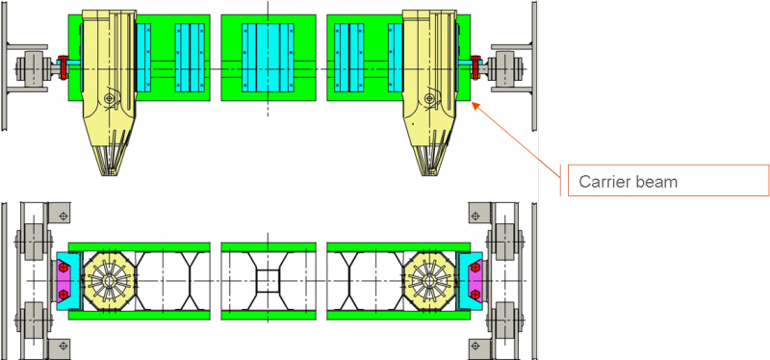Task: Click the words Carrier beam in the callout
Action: (x=629, y=182)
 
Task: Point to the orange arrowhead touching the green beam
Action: (x=475, y=104)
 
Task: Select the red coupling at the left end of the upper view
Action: (x=63, y=67)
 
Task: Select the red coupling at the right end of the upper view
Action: (x=475, y=67)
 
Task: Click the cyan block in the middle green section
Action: (x=269, y=58)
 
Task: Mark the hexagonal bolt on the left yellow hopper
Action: (x=110, y=99)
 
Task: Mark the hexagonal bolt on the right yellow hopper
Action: (x=429, y=99)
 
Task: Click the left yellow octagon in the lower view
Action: (x=108, y=281)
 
